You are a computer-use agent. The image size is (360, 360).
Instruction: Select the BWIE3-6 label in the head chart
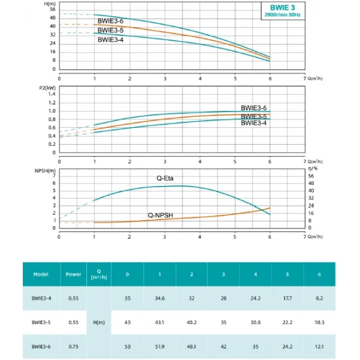[111, 21]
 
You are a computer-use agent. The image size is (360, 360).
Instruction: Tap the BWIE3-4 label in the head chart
[111, 40]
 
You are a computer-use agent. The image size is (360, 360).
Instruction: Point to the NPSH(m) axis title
[44, 170]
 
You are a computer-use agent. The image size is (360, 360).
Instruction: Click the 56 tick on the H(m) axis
[52, 10]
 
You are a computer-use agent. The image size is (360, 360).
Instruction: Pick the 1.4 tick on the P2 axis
[52, 94]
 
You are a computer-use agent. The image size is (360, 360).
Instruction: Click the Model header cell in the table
[41, 274]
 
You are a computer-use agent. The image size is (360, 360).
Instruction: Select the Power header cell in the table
[74, 274]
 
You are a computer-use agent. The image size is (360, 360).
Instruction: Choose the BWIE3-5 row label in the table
[41, 322]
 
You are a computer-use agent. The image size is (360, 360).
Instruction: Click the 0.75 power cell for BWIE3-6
[74, 346]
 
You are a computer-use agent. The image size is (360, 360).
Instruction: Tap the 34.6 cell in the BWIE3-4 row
[159, 298]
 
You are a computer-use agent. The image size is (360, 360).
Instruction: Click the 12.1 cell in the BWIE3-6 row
[320, 346]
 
